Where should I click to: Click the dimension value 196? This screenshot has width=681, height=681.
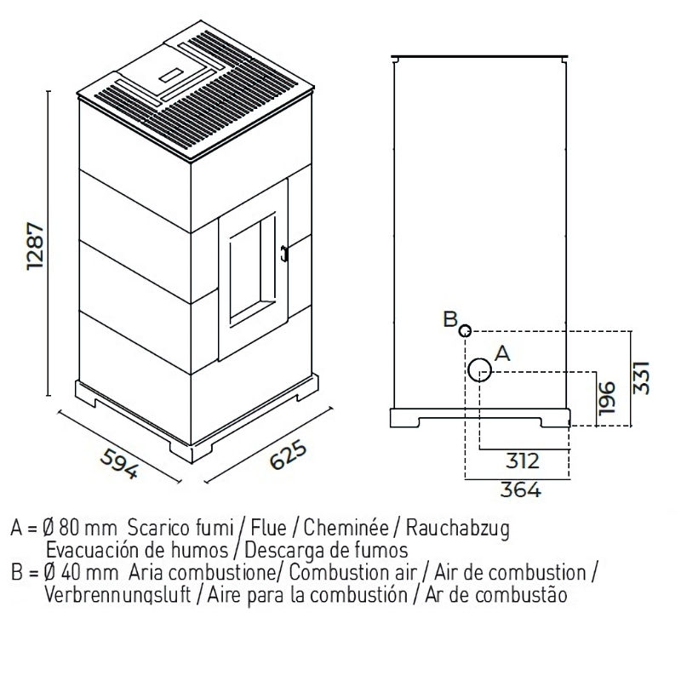(607, 398)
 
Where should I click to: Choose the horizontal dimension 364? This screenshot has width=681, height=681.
(522, 489)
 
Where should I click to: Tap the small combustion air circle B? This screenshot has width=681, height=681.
(465, 330)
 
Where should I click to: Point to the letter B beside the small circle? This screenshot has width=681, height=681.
(449, 320)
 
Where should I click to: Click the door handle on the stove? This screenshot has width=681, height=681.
(285, 252)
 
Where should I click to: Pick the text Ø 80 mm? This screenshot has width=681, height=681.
(84, 529)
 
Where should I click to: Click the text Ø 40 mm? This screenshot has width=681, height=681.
(84, 571)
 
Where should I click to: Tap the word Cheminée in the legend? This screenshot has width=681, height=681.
(344, 529)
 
